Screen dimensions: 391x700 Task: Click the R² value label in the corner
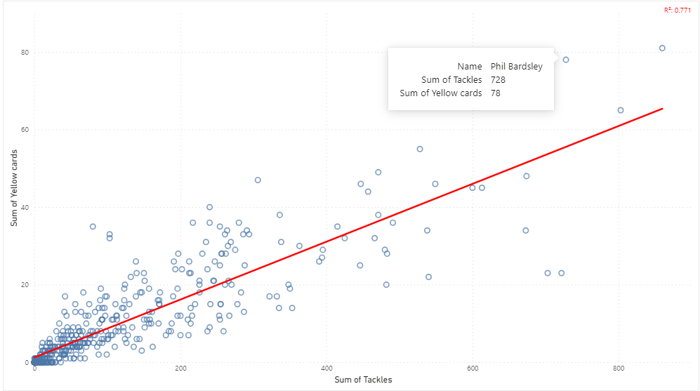(x=677, y=10)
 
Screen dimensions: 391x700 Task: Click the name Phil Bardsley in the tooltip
(x=516, y=67)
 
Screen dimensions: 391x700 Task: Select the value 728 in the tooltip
(x=498, y=80)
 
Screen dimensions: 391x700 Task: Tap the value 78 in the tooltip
(x=496, y=93)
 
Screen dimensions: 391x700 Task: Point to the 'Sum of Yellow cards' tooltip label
(x=440, y=93)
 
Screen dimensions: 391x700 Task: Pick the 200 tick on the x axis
(x=180, y=369)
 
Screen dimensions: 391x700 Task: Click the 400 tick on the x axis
(x=326, y=369)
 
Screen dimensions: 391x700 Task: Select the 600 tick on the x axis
(x=473, y=369)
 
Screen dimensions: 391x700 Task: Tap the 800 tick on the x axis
(x=619, y=369)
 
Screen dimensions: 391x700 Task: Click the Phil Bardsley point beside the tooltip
(x=565, y=60)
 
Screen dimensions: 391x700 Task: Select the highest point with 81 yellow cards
(x=662, y=48)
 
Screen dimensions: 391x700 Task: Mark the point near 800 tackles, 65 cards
(x=620, y=110)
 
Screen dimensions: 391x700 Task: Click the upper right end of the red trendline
(x=662, y=109)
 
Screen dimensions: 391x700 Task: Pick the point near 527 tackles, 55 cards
(x=420, y=149)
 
